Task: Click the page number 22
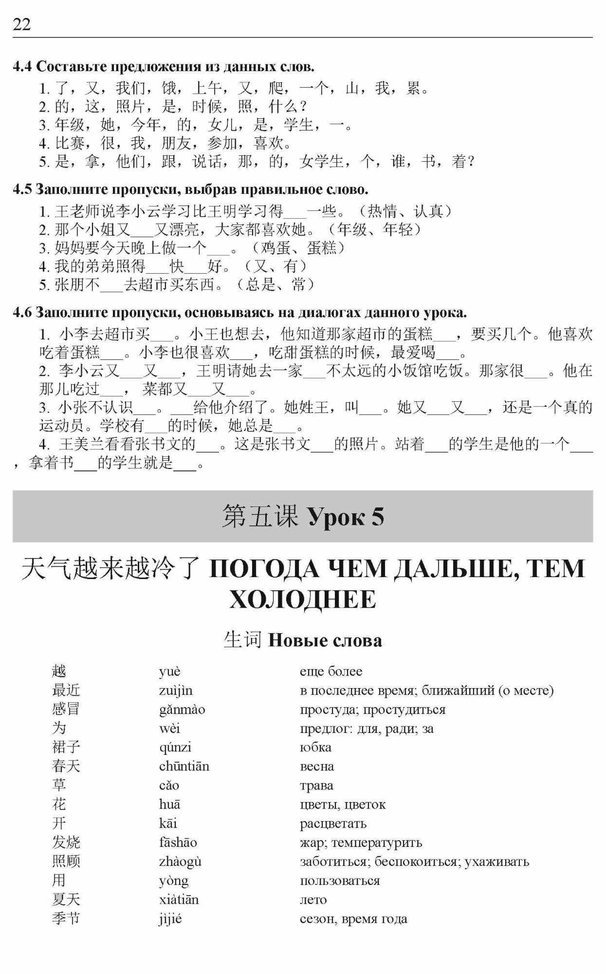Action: pos(22,24)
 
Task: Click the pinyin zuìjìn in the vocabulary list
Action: pos(176,691)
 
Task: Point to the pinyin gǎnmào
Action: pos(182,710)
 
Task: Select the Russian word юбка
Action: pos(315,747)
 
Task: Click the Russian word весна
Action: pos(317,766)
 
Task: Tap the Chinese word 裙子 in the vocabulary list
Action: pos(66,747)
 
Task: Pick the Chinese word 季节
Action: pos(66,919)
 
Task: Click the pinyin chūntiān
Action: pos(184,766)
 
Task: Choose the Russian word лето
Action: pos(313,900)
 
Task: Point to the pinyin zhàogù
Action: pos(180,862)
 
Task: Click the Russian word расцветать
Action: pos(333,824)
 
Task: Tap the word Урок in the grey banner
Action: pos(335,517)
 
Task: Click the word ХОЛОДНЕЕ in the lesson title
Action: pos(303,599)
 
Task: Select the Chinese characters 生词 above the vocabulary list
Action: pos(243,640)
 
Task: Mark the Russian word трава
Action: pos(316,786)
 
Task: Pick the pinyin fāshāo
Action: pos(178,843)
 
